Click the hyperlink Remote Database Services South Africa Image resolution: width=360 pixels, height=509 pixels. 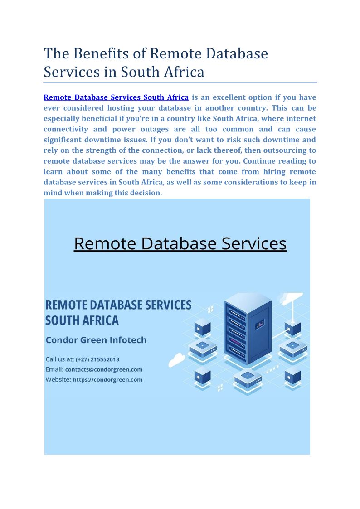(x=116, y=97)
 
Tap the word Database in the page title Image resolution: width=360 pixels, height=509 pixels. (x=237, y=53)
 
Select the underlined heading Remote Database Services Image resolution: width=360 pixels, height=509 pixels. (x=180, y=243)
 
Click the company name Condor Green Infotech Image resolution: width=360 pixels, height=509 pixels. (x=96, y=340)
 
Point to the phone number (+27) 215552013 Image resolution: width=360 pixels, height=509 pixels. (x=97, y=359)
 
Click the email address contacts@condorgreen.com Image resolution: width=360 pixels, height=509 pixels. (x=104, y=369)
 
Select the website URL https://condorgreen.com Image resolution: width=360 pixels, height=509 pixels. (x=107, y=379)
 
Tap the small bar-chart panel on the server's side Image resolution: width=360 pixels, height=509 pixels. (x=260, y=324)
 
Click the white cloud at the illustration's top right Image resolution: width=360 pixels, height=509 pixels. (x=290, y=298)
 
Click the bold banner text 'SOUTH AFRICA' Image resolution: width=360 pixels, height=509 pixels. (x=82, y=320)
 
